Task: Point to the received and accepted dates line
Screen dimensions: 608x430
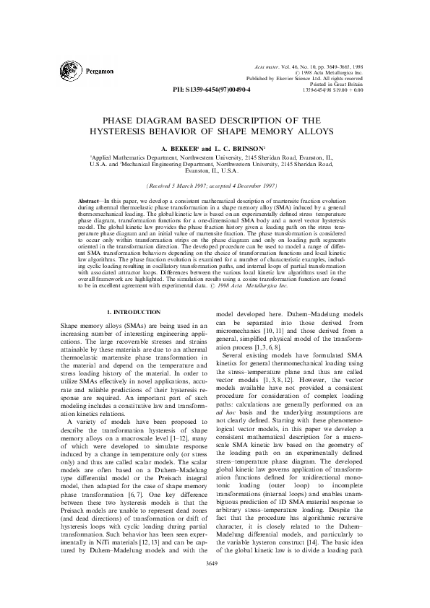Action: (x=214, y=184)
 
